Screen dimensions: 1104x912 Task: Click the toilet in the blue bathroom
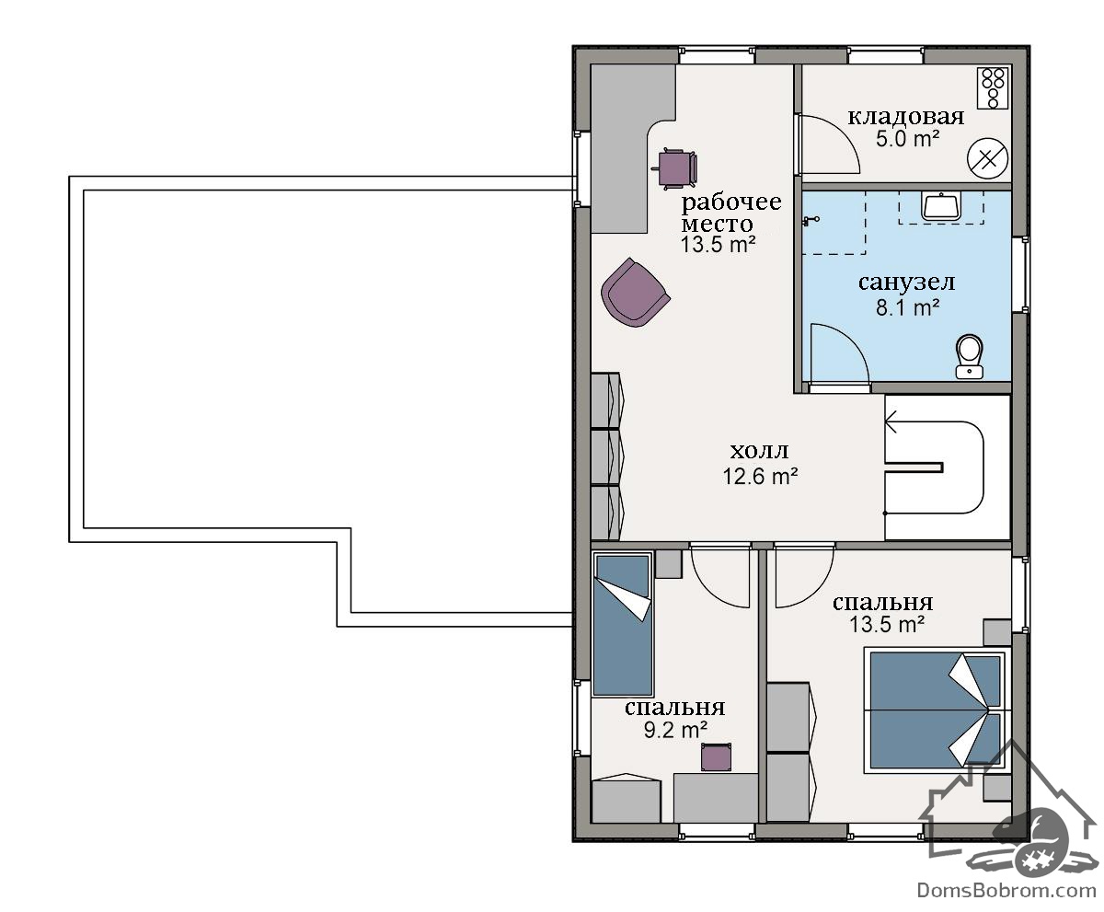tap(969, 356)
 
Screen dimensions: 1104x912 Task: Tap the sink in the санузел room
tap(941, 207)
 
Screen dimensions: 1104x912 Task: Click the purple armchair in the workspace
tap(635, 293)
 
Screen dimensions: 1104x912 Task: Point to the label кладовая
tap(905, 116)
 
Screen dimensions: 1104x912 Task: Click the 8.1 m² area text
tap(907, 307)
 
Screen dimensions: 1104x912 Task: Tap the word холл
tap(759, 451)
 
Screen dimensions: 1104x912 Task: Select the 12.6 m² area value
tap(760, 476)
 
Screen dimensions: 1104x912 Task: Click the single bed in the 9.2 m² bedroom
tap(624, 625)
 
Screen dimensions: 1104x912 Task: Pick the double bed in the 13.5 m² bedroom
tap(937, 710)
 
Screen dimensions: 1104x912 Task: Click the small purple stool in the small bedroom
tap(717, 757)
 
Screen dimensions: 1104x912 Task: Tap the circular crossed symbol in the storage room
tap(987, 158)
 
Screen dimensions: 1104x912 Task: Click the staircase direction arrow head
tap(891, 422)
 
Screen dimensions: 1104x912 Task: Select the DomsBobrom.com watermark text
tap(1006, 890)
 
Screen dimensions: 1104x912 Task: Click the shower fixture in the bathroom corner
tap(811, 220)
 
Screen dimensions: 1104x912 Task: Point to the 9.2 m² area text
tap(675, 730)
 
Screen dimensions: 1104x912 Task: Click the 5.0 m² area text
tap(907, 139)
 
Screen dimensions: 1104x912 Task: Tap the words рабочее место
tap(730, 213)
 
